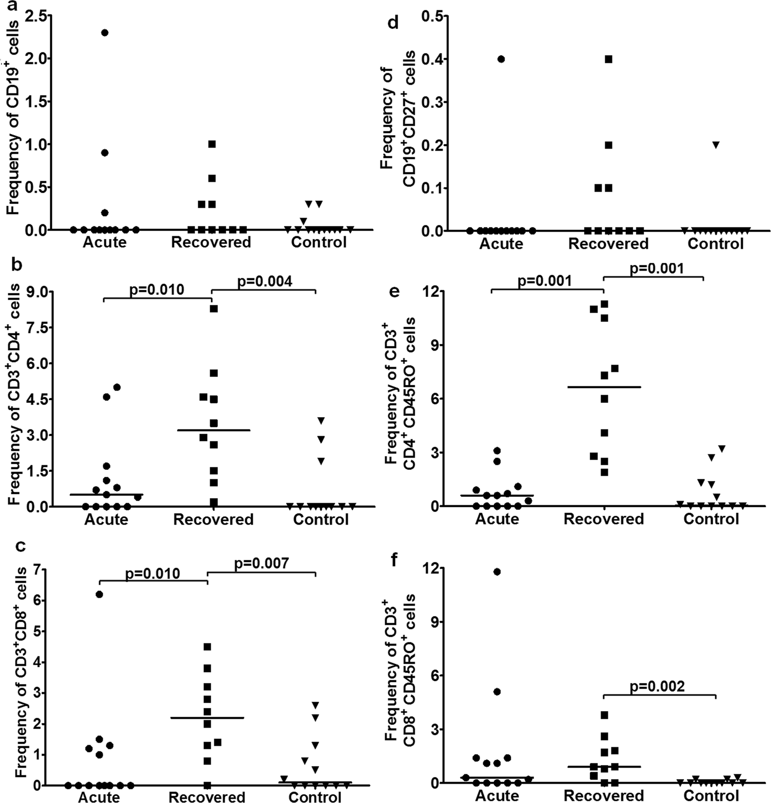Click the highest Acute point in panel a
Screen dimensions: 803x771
(105, 33)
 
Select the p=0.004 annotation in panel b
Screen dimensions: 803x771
(264, 281)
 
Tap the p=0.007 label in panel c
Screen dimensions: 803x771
(261, 563)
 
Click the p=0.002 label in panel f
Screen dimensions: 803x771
(657, 686)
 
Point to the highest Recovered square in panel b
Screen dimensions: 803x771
(213, 309)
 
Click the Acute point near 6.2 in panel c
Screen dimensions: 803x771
(99, 594)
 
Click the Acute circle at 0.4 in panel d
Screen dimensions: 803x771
(501, 59)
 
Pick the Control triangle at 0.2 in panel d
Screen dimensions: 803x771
(716, 145)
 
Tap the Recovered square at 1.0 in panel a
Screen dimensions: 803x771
(212, 144)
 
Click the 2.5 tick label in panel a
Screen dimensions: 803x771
(33, 16)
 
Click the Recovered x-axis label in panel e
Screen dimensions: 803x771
(604, 519)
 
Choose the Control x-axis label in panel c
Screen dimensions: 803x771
(315, 797)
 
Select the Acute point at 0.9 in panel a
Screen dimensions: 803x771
(105, 152)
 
